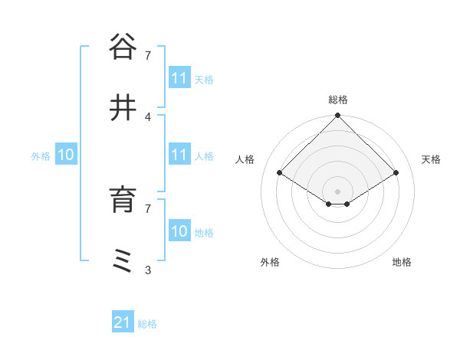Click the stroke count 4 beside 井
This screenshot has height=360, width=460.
click(x=148, y=116)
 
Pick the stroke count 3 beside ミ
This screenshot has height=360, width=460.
click(x=148, y=270)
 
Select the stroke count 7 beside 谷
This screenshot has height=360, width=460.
click(x=148, y=55)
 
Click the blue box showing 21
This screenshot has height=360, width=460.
click(x=123, y=323)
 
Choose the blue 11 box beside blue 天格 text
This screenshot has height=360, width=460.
click(x=179, y=78)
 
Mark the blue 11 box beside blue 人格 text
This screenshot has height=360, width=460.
click(x=179, y=155)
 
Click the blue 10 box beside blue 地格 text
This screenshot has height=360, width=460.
click(x=179, y=231)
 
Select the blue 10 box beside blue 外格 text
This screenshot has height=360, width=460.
click(x=66, y=155)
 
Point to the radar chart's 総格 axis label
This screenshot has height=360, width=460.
click(x=338, y=100)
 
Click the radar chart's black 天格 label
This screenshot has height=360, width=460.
click(x=431, y=159)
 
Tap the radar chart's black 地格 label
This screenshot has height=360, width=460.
click(x=402, y=262)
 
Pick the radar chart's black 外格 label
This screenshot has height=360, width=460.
click(x=270, y=262)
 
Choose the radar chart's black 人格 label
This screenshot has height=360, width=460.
click(x=245, y=159)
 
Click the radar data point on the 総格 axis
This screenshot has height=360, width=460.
click(x=338, y=116)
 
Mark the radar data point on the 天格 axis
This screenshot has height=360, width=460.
click(x=396, y=172)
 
